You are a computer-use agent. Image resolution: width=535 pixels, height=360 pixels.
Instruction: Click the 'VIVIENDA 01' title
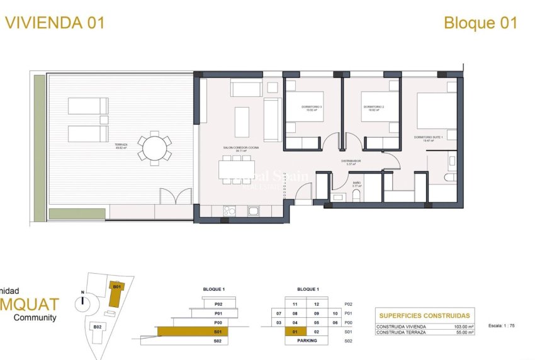[55, 23]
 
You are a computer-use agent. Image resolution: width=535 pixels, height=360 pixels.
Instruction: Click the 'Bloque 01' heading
[480, 23]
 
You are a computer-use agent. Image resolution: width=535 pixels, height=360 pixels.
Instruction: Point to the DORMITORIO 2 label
[373, 107]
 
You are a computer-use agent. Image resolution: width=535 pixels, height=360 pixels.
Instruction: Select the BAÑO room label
[356, 185]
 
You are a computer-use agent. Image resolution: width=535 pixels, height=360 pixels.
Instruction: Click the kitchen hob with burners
[230, 211]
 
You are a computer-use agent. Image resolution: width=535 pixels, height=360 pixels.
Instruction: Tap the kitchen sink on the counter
[254, 211]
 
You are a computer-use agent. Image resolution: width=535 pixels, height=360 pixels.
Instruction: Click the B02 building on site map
[98, 327]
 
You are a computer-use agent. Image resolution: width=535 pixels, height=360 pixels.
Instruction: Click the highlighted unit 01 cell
[295, 331]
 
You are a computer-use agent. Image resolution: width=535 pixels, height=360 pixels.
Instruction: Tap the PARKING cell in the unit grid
[307, 340]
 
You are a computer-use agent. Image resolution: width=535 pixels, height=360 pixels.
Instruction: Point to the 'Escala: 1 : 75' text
[501, 326]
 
